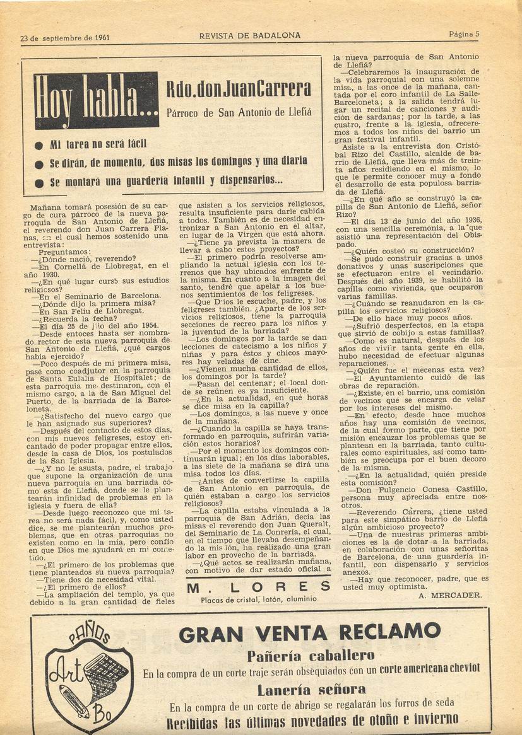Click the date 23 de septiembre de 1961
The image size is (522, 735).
[x=65, y=37]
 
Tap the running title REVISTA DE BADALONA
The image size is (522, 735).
[x=250, y=35]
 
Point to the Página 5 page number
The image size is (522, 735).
[x=464, y=34]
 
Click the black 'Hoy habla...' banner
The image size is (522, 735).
[x=97, y=100]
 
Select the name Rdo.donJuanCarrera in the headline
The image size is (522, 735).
[x=239, y=89]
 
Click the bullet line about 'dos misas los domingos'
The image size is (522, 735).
[x=178, y=162]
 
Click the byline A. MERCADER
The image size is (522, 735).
[x=450, y=594]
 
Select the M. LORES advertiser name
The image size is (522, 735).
[x=258, y=587]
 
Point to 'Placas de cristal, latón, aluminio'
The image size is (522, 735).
[x=258, y=599]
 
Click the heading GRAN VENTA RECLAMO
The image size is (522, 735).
[x=309, y=632]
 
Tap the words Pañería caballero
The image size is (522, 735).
[x=311, y=656]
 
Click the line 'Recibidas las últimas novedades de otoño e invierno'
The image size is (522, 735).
[x=312, y=720]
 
